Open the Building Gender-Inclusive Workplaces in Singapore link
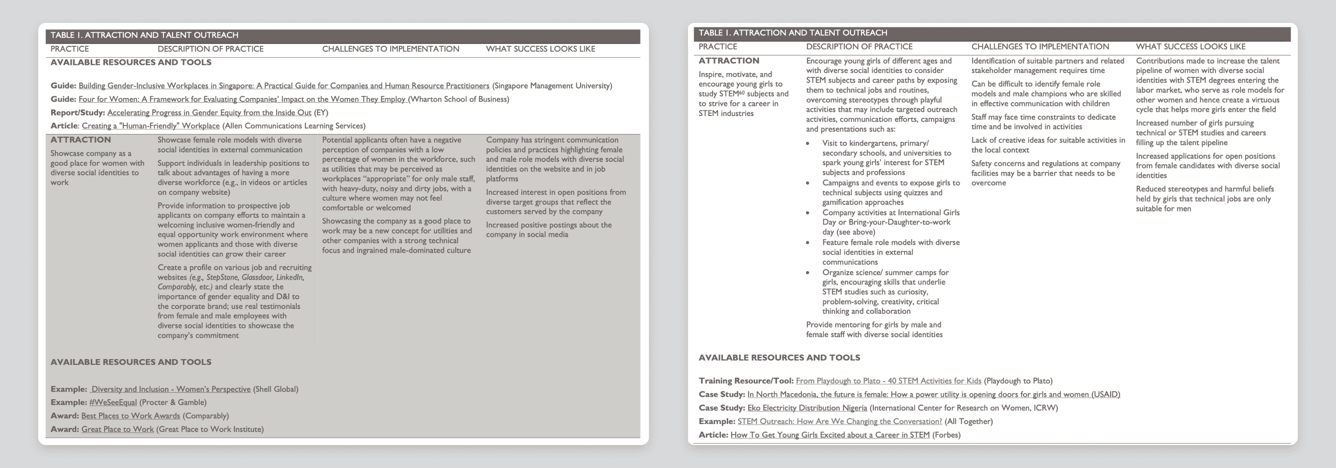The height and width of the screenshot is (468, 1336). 284,85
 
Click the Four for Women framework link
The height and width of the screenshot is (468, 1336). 242,99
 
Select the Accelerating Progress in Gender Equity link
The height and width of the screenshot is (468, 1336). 209,113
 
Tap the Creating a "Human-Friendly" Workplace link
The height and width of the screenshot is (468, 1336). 151,126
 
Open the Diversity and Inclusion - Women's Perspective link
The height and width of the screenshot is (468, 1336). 170,389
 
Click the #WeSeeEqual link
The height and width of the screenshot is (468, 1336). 113,402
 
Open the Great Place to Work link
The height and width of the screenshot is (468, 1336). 117,429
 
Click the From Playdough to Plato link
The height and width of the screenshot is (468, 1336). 888,381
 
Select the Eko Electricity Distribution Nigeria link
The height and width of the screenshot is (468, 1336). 807,408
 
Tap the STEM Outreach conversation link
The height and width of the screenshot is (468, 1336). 839,421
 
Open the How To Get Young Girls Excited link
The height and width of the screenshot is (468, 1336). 830,435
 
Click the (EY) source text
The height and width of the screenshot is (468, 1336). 321,113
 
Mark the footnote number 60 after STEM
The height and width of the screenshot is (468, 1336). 742,92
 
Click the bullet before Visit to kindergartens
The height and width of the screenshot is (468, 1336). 808,144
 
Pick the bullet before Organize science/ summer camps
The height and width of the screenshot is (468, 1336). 808,273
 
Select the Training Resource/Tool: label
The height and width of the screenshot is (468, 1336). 746,381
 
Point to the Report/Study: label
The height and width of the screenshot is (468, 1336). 77,113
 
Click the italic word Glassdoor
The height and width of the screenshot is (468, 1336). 256,277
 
